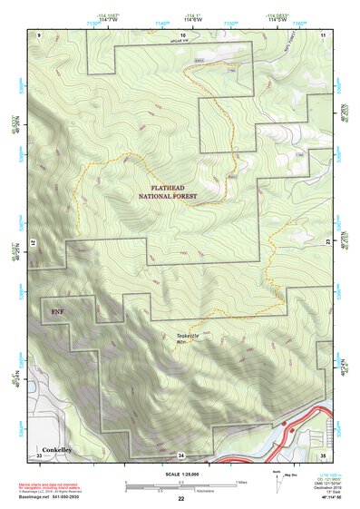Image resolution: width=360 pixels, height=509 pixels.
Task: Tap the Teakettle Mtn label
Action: [x=186, y=338]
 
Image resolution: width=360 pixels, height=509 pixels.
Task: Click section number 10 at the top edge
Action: [x=181, y=34]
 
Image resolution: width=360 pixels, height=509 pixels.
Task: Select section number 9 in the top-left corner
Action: [x=39, y=34]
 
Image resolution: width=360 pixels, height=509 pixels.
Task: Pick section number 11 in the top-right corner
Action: [x=324, y=34]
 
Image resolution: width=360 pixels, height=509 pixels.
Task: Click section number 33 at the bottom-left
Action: [x=39, y=454]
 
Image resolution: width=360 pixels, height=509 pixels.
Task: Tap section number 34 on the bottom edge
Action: [x=181, y=454]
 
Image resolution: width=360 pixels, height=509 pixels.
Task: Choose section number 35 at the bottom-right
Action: [x=323, y=454]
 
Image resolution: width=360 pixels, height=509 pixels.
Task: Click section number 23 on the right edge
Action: [x=328, y=243]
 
